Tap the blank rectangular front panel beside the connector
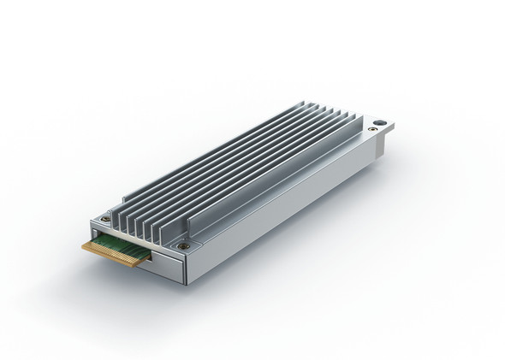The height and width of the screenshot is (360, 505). coord(163,266)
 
